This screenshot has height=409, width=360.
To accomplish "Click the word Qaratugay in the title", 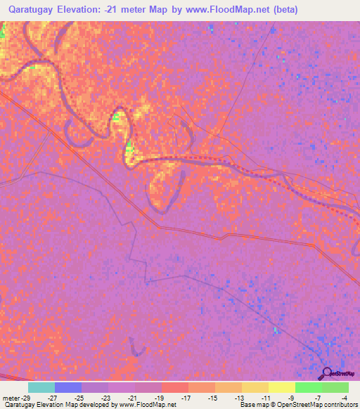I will click(x=35, y=10).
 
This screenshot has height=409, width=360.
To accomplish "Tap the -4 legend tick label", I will click(x=345, y=397).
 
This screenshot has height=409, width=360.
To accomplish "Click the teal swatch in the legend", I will click(x=41, y=387).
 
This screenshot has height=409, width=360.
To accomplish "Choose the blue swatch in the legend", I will click(x=68, y=387).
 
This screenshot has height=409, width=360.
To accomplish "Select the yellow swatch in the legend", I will click(x=282, y=387).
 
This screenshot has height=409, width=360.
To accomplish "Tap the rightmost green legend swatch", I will click(x=335, y=387).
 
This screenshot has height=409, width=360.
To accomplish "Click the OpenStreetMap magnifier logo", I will click(x=327, y=373).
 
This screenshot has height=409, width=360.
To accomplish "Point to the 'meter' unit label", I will click(x=12, y=397).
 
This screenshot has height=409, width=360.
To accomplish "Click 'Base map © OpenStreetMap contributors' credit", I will click(x=297, y=405).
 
